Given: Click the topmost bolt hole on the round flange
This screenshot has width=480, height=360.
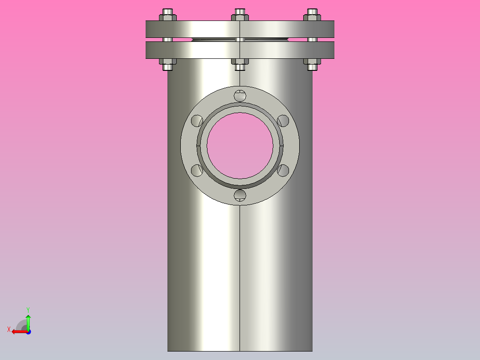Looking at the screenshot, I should coord(240,95).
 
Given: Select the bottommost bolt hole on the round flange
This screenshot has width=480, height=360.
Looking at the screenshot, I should coord(240,195).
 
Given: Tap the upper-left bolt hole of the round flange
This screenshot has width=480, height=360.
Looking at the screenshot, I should coord(197,120).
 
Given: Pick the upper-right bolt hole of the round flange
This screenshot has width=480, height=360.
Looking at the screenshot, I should coord(283,121).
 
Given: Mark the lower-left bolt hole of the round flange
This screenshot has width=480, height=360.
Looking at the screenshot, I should coord(197,170).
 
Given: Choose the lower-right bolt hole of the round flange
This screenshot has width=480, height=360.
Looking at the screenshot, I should coord(283,170).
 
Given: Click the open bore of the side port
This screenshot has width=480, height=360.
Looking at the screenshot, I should coord(240,145).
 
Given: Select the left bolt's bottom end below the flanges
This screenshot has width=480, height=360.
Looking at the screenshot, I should coord(167,67).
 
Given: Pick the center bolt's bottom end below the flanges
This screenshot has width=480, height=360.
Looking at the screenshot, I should coord(240,67).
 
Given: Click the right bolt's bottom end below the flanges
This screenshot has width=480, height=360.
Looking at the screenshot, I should coord(313,67).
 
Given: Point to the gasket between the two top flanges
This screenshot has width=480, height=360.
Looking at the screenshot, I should coord(214,40).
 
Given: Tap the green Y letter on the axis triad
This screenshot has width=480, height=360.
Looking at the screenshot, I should coord(28,309).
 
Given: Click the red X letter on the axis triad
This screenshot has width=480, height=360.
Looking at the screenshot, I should coord(9,329).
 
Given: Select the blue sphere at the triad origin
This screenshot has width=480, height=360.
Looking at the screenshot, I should coord(28,331).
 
